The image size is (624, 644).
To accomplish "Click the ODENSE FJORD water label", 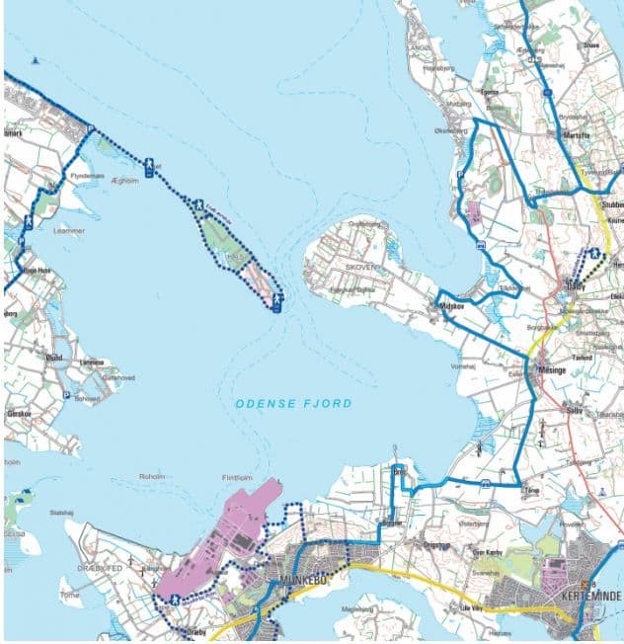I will [x=293, y=404].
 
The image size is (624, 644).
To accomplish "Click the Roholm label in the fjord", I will [x=151, y=476].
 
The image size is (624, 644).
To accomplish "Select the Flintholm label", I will [x=237, y=478].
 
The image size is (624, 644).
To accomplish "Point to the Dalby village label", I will [x=578, y=287].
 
